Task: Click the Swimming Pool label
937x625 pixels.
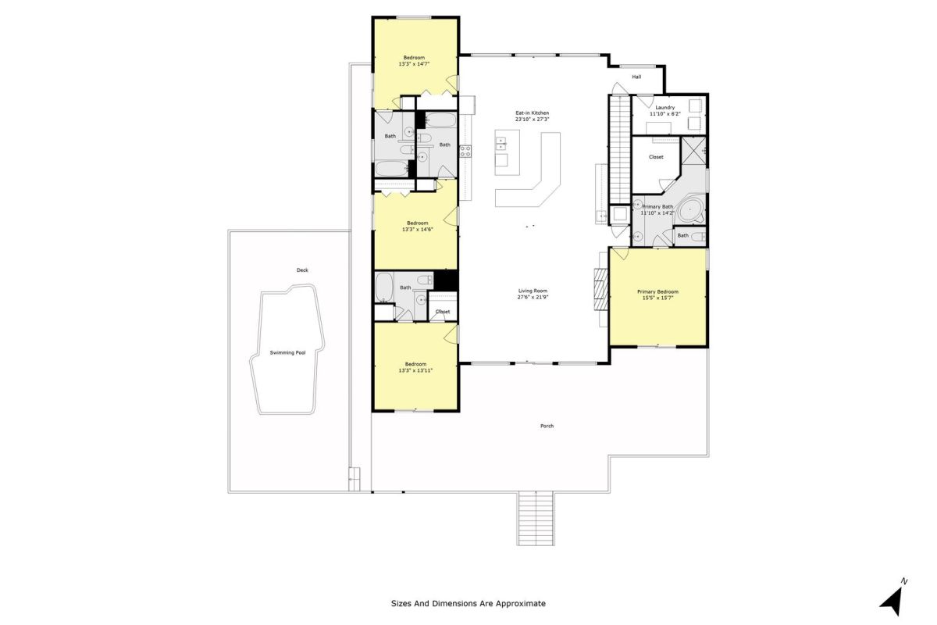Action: [x=287, y=352]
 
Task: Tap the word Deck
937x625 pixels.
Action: [x=302, y=270]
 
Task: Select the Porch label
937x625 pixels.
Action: [x=547, y=426]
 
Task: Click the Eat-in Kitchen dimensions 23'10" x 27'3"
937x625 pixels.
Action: [x=532, y=120]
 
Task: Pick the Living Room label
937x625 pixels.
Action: [x=533, y=291]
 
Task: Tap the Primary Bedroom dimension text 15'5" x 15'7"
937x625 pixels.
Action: [x=657, y=298]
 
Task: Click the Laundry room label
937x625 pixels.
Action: [x=664, y=107]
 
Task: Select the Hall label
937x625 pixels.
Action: [x=636, y=77]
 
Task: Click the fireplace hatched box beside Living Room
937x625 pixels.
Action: [x=601, y=289]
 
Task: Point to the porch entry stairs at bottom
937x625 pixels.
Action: [x=536, y=518]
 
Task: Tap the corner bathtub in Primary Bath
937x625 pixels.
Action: [x=691, y=212]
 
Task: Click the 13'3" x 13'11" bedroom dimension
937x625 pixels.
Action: [x=415, y=370]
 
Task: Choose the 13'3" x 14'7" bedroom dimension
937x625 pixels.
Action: [x=414, y=64]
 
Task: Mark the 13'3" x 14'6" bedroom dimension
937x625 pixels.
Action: [x=417, y=230]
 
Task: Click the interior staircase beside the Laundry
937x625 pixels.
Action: [x=619, y=150]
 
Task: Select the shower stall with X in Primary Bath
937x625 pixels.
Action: [x=693, y=150]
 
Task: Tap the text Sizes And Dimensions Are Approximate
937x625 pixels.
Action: [x=468, y=604]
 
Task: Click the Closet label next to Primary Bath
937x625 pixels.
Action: [x=655, y=157]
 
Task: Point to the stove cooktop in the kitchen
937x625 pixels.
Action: [x=465, y=151]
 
